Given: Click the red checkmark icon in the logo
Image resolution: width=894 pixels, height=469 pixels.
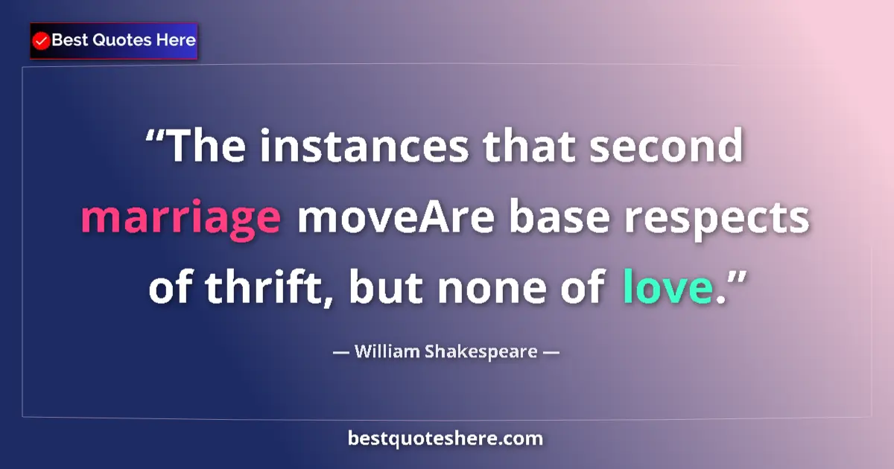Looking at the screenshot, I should (x=42, y=41).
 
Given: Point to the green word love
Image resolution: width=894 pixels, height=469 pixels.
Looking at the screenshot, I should (x=667, y=288).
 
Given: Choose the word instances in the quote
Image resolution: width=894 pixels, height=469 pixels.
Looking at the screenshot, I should (x=364, y=147).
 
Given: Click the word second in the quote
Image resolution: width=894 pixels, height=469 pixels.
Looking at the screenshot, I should (x=667, y=147).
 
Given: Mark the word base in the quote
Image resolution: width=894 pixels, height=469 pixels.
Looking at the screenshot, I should (x=559, y=217).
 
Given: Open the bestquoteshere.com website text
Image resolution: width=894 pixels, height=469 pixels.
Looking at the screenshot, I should (x=446, y=438).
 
